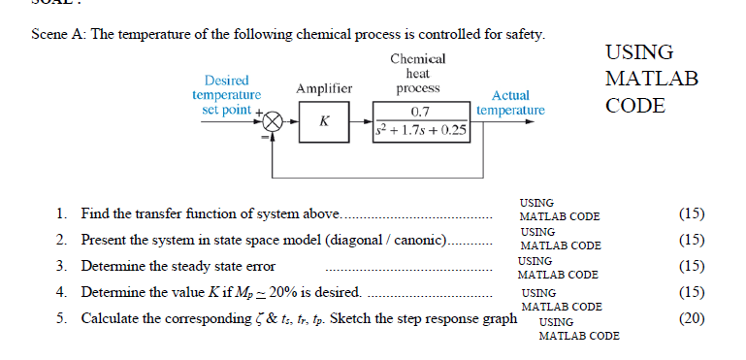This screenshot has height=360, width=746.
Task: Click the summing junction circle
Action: (x=274, y=122)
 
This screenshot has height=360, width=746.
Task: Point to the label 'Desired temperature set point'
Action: (x=227, y=95)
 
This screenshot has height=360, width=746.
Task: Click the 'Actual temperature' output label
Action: (x=510, y=103)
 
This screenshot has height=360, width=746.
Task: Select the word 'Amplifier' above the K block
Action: (x=323, y=89)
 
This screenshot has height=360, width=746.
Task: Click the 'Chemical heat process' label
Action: (x=418, y=73)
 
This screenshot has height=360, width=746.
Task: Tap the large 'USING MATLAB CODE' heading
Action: (x=651, y=79)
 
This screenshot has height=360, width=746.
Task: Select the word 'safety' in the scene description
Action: (x=524, y=35)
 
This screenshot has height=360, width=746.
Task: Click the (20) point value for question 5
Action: (x=692, y=317)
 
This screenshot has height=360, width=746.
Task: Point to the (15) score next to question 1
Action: (x=692, y=213)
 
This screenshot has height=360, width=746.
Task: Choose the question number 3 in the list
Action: (x=61, y=266)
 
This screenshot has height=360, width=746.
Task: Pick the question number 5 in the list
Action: (x=61, y=318)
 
